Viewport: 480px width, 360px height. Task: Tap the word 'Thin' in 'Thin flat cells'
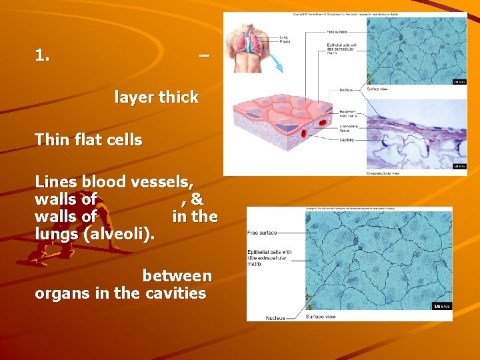click(51, 140)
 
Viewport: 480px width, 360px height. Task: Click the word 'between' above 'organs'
click(177, 276)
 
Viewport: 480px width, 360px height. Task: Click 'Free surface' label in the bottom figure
click(262, 233)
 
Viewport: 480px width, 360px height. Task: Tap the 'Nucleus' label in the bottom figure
click(275, 318)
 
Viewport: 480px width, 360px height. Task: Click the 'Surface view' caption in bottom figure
click(321, 317)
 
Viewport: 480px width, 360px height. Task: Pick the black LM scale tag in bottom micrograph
click(442, 307)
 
